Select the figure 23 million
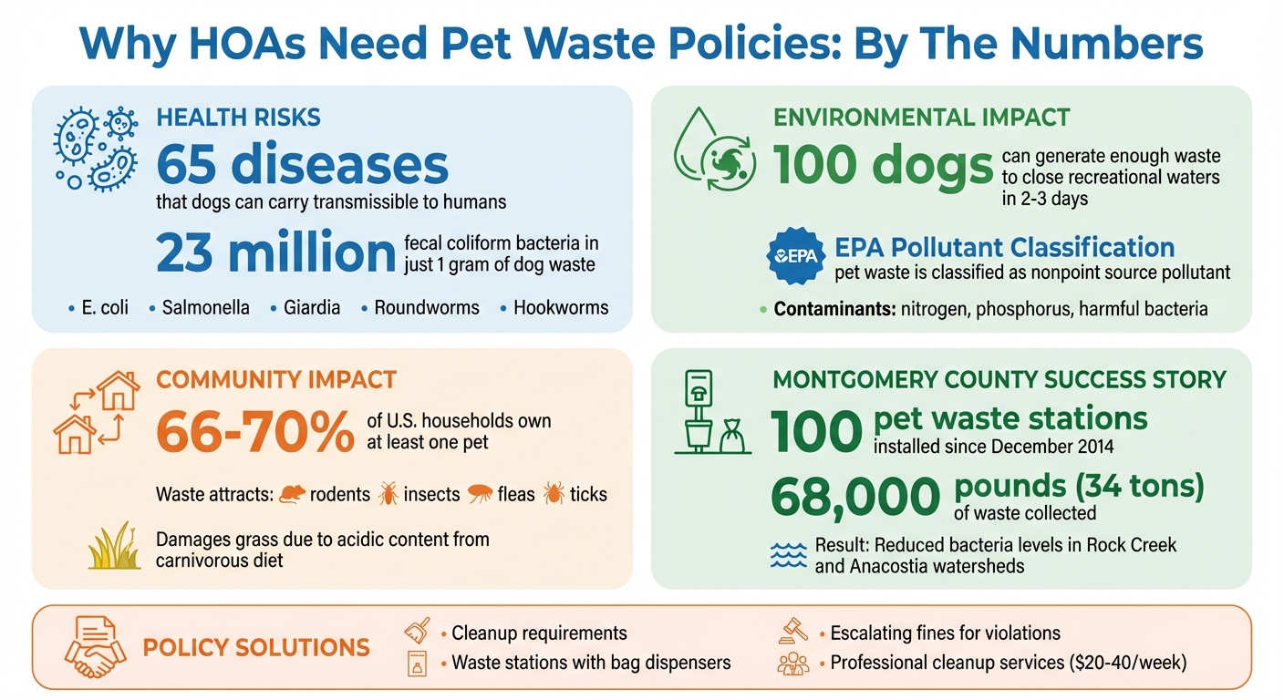coord(275,252)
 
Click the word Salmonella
coord(205,307)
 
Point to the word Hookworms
coord(560,307)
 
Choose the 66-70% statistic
coord(254,431)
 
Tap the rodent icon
coord(293,494)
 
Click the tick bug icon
coord(553,494)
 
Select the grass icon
coord(114,546)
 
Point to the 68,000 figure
coord(854,498)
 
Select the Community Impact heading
coord(276,379)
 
